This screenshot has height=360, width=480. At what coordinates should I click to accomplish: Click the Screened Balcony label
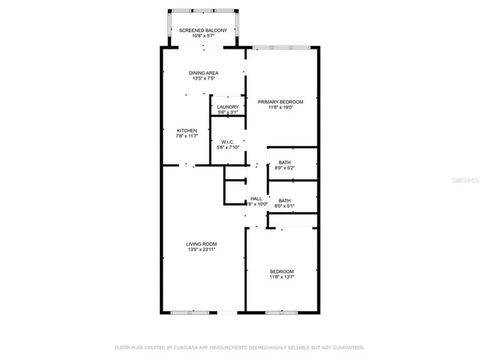click(202, 30)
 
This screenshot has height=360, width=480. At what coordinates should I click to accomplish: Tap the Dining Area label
click(202, 73)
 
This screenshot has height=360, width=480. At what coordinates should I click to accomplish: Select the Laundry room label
click(227, 107)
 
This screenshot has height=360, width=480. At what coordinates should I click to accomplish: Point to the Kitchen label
click(186, 130)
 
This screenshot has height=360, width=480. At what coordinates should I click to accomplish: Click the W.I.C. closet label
click(227, 142)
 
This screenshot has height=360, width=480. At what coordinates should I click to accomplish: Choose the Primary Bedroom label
click(280, 101)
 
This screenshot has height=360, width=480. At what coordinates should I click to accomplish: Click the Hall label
click(256, 199)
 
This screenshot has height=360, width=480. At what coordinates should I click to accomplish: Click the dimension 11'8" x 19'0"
click(280, 107)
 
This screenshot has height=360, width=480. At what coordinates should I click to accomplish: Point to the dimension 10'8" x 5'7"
click(202, 35)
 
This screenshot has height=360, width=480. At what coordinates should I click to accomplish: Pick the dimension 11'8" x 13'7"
click(282, 277)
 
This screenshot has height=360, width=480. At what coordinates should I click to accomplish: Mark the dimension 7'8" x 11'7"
click(186, 136)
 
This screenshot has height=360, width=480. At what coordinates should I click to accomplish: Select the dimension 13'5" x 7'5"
click(202, 78)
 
